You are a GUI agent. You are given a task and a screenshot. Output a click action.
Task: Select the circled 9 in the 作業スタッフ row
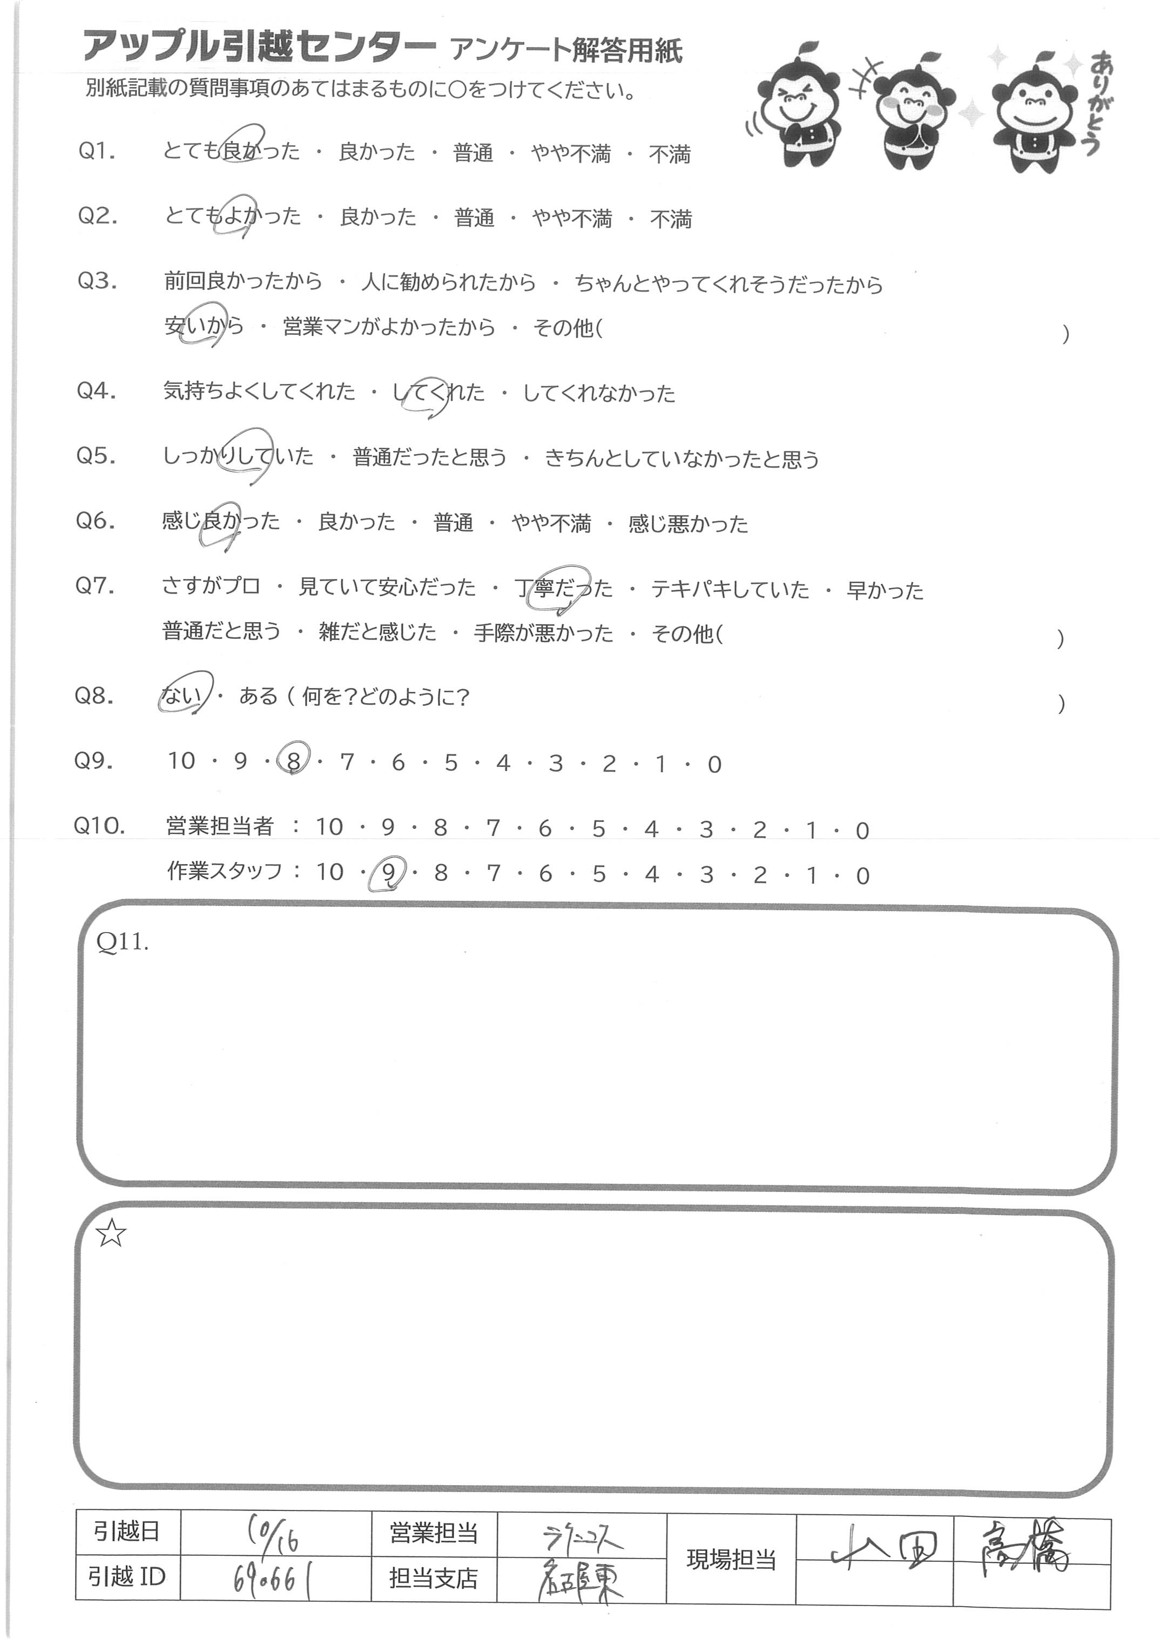coord(387,873)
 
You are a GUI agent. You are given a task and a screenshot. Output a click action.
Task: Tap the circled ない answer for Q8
coord(181,695)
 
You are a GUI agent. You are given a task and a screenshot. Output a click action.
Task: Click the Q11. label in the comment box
coord(122,942)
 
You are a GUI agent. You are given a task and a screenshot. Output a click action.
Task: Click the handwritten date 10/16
coord(274,1533)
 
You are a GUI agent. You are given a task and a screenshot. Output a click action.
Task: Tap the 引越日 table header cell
coord(127,1532)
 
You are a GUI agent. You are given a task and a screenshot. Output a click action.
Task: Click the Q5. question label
coord(96,455)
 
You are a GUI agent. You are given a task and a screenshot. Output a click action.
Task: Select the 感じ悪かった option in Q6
coord(688,524)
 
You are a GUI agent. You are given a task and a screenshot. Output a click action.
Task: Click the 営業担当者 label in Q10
coord(219,826)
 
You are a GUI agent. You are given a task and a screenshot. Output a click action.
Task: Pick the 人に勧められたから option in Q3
coord(448,282)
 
